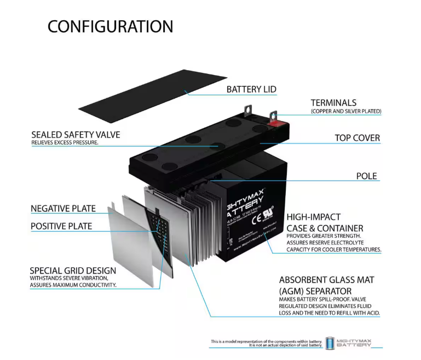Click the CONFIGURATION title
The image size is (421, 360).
110,26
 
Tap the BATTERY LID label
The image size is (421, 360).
251,89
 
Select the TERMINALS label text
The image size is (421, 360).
333,102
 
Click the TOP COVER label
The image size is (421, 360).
357,138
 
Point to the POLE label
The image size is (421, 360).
366,176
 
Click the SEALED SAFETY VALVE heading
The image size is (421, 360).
76,134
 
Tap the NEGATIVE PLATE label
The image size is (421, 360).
63,208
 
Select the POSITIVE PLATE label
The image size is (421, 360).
61,226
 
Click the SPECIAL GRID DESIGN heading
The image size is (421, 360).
73,271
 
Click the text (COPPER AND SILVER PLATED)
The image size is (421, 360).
346,111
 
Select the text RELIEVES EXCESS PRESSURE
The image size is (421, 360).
65,143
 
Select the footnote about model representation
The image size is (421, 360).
267,344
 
